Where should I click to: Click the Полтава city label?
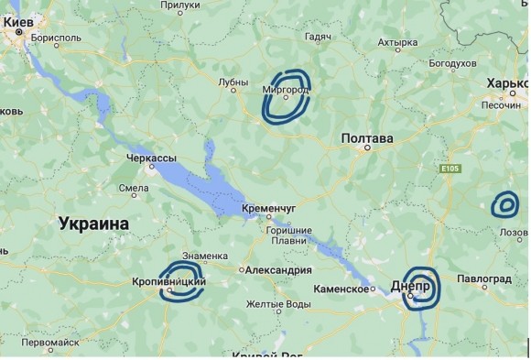pos(367,138)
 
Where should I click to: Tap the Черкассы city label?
pos(151,158)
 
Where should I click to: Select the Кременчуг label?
pos(269,209)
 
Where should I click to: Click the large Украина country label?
pos(93,223)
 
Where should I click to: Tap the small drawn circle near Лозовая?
pos(504,204)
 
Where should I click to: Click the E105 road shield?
pos(448,169)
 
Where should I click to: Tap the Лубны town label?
pos(233,82)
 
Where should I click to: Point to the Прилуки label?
pos(180,5)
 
